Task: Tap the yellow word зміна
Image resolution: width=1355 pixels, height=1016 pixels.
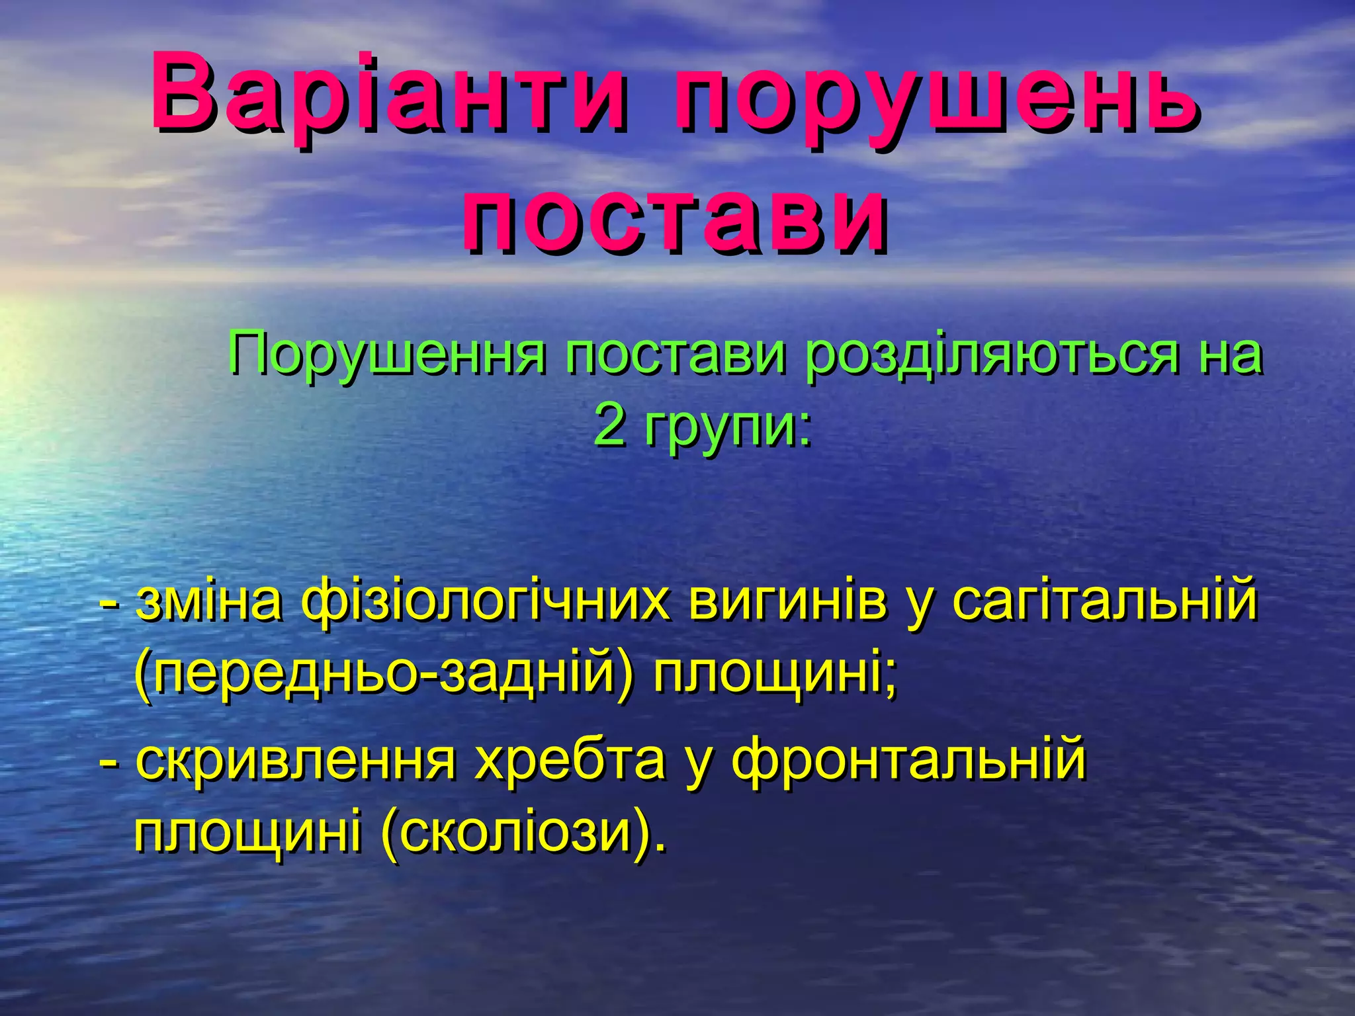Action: [209, 602]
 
